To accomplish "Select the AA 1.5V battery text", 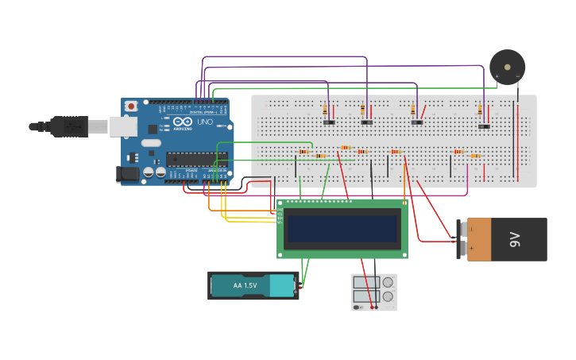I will (x=245, y=285).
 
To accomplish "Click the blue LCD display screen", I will (x=342, y=229).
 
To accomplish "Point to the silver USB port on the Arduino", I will (x=122, y=126).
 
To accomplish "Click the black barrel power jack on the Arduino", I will (x=127, y=174).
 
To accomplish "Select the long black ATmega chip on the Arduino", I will (x=197, y=159).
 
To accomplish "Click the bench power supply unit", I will (x=373, y=292).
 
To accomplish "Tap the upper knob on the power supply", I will (x=388, y=283).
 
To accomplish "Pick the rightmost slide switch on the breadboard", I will (x=484, y=126).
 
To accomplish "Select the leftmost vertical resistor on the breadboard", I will (x=326, y=110).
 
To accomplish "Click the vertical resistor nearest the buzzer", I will (x=480, y=111).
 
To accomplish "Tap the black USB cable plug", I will (x=68, y=126).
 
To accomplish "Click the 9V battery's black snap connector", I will (x=461, y=239).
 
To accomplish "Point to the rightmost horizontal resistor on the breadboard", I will (x=475, y=156).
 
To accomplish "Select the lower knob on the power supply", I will (x=388, y=297).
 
